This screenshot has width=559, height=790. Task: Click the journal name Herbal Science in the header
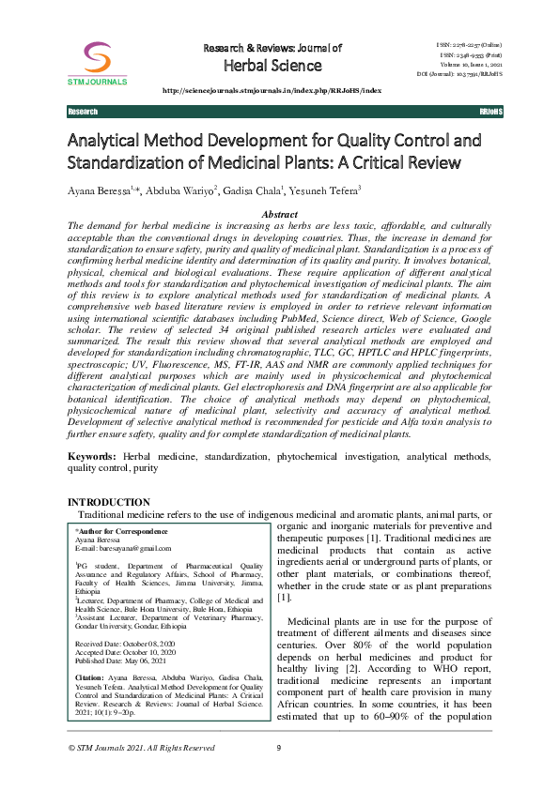pos(272,66)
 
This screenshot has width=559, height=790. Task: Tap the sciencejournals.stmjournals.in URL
pos(272,90)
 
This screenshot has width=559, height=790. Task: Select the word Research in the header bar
pos(83,112)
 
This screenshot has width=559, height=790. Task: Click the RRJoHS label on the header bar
pos(490,112)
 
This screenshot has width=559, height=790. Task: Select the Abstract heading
pos(279,215)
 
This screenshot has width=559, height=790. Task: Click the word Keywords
pos(91,455)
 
